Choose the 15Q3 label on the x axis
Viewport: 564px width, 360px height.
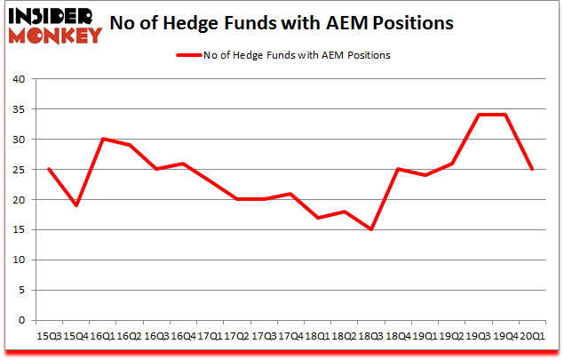(x=49, y=337)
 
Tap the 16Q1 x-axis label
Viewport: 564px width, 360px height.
(x=103, y=337)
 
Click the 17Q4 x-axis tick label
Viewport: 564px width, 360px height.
(x=291, y=337)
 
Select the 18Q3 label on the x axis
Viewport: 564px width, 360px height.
(x=371, y=337)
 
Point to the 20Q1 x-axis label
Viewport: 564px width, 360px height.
(x=533, y=337)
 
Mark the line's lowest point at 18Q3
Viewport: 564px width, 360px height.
(x=371, y=229)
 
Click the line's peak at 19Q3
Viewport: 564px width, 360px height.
(x=479, y=115)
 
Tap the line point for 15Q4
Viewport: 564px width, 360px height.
(x=76, y=205)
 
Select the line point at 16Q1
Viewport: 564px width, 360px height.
(x=103, y=139)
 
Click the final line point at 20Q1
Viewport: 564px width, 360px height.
(x=533, y=169)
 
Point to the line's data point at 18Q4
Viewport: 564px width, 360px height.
(x=399, y=169)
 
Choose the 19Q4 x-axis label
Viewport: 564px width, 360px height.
(x=506, y=337)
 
